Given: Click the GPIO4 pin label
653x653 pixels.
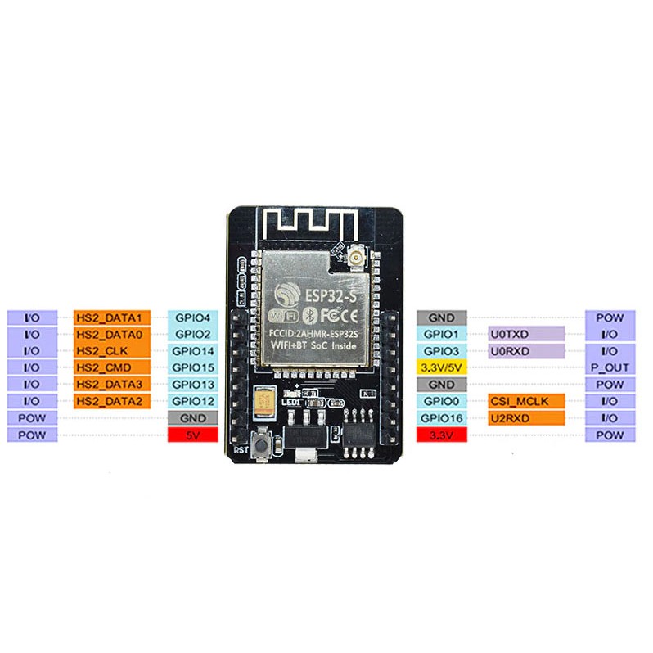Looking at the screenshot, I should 192,317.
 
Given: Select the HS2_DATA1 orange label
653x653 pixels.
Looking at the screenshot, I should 111,317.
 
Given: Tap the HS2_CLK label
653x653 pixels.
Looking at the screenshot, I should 111,351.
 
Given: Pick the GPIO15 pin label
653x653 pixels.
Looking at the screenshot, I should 192,367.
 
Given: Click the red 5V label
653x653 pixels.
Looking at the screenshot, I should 192,435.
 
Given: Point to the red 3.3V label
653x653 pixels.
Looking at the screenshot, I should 442,435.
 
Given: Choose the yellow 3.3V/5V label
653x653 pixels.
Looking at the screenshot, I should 442,367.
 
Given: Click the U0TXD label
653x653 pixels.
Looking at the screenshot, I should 526,335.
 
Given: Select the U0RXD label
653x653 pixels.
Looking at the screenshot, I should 526,351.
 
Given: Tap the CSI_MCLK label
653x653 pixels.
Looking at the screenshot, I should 526,401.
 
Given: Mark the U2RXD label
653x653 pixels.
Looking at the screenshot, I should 526,418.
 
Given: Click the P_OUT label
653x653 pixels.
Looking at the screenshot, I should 610,367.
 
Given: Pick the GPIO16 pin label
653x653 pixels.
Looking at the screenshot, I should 442,418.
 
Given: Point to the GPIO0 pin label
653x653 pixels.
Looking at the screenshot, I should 442,401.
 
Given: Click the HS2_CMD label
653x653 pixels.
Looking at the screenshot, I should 111,367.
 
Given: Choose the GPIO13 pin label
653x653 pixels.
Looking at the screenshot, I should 192,385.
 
